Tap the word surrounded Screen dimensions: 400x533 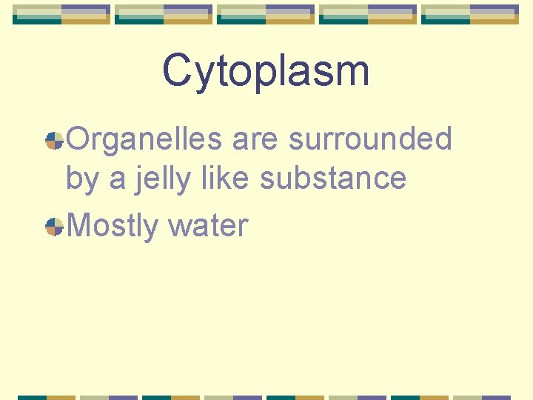tap(370, 139)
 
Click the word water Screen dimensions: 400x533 tap(208, 225)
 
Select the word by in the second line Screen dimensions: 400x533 tap(81, 179)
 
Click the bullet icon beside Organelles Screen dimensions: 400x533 tap(54, 140)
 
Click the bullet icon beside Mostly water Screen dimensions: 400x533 tap(54, 227)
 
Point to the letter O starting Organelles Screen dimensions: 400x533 tap(78, 139)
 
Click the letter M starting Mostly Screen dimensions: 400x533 tap(79, 224)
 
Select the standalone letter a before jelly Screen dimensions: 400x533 tap(117, 181)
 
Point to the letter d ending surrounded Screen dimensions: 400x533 tap(442, 139)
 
